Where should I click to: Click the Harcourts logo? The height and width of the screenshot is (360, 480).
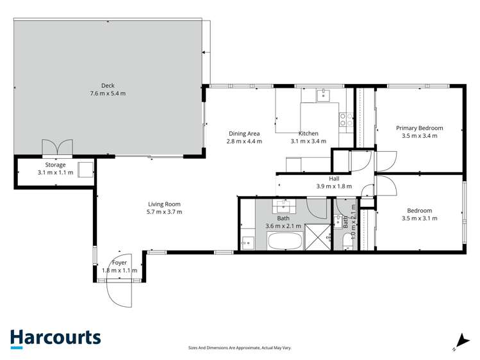(55, 339)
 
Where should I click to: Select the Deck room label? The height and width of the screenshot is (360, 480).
(108, 86)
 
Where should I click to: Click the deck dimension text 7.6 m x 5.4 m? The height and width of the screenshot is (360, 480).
(108, 94)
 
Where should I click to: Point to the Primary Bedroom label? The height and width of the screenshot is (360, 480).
(419, 128)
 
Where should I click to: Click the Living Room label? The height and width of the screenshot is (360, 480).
(165, 204)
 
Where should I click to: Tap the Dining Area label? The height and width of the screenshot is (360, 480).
(244, 133)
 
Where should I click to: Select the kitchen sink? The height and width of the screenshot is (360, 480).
(323, 95)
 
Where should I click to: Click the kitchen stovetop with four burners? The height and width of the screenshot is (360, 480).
(346, 119)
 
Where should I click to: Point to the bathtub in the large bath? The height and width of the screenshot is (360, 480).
(285, 241)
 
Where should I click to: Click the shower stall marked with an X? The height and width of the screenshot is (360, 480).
(318, 237)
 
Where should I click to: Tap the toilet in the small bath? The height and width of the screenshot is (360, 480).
(348, 241)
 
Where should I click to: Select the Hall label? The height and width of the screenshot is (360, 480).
(334, 178)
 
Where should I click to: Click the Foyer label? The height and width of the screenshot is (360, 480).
(119, 263)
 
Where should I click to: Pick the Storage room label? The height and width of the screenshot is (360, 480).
(55, 165)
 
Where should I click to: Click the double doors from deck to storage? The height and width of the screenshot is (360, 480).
(57, 147)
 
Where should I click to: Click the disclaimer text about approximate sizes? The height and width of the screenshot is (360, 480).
(240, 348)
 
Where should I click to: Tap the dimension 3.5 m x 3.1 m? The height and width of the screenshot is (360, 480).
(419, 218)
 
